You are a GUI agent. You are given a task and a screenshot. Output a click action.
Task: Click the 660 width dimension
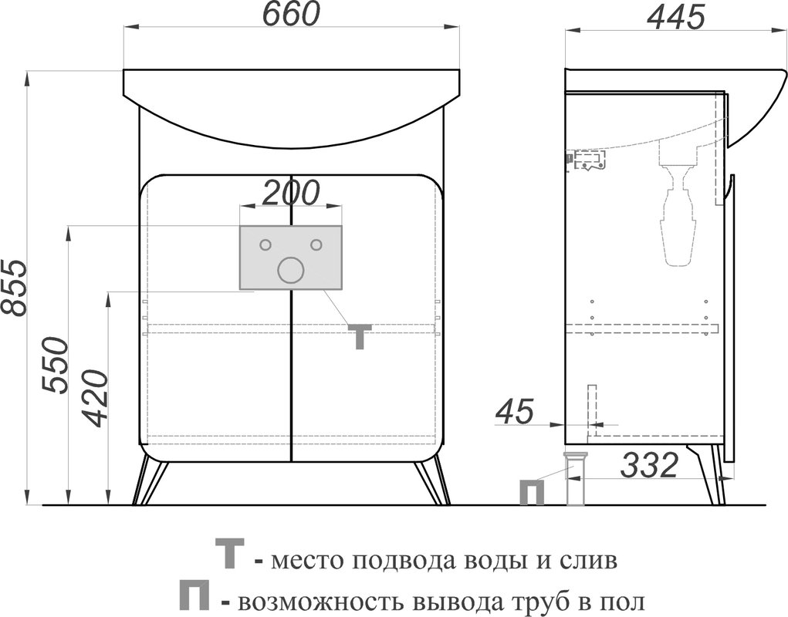click(292, 15)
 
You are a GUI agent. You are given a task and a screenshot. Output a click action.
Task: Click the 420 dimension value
click(95, 399)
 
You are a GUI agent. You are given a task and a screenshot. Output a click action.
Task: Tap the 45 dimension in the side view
click(514, 412)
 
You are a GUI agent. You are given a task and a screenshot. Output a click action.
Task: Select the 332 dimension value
click(651, 465)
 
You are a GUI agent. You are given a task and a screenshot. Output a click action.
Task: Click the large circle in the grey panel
click(290, 270)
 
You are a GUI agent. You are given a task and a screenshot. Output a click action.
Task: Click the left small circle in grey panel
click(265, 245)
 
